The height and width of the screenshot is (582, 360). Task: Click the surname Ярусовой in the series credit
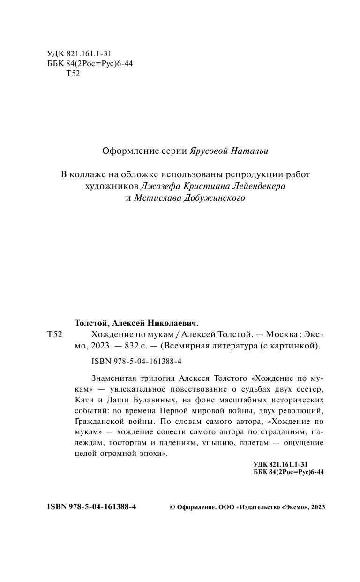212,151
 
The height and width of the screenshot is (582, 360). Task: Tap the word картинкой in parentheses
295,347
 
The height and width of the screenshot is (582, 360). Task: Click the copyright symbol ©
172,507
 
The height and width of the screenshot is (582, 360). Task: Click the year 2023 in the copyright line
317,507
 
